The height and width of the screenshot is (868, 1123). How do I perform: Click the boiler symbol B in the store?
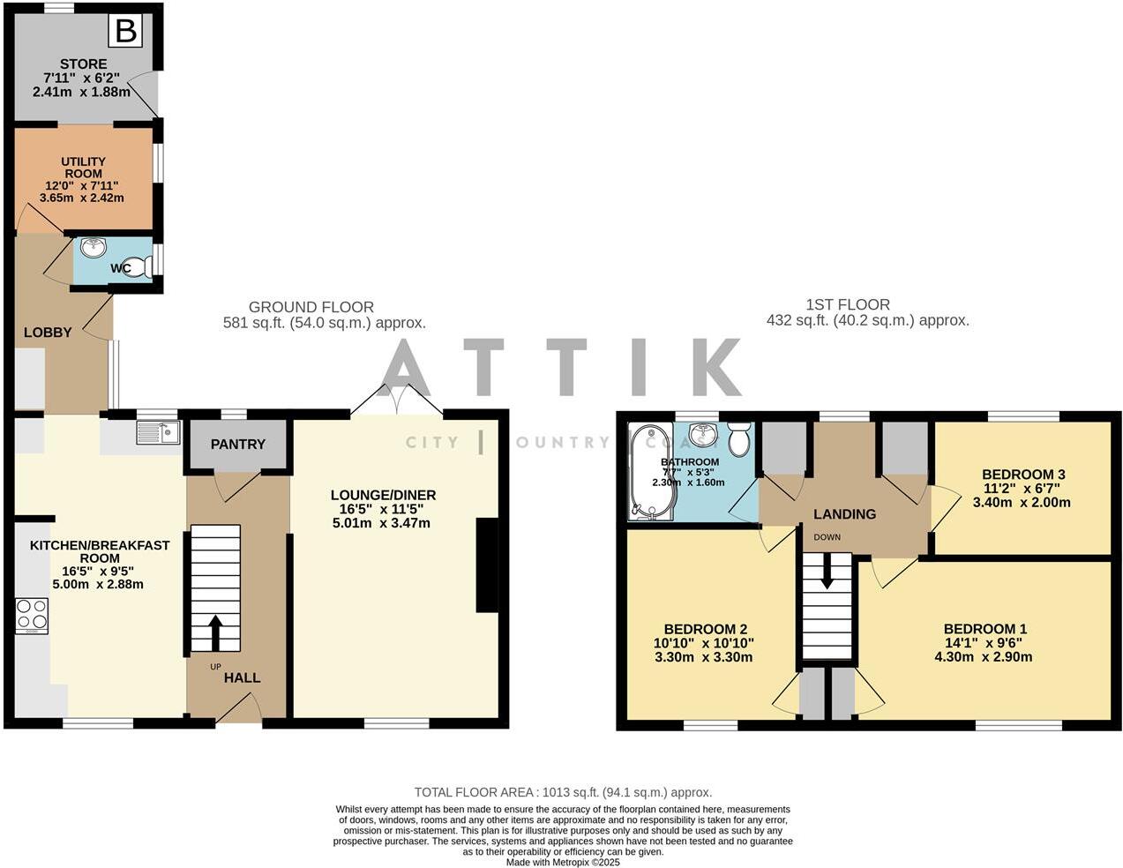(x=125, y=32)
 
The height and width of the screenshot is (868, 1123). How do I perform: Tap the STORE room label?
(x=84, y=64)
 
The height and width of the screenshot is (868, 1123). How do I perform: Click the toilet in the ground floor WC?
(x=137, y=267)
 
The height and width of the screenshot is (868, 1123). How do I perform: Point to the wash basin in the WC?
(x=93, y=248)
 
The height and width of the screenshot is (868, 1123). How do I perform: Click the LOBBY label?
(x=48, y=333)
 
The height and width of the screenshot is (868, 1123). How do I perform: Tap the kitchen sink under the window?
(x=159, y=432)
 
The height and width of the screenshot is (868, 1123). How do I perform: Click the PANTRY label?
(x=237, y=445)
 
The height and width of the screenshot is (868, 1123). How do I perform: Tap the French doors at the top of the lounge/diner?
(x=397, y=401)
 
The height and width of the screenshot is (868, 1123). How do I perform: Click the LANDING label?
(x=844, y=514)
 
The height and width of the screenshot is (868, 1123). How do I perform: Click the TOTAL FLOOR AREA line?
(x=563, y=792)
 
